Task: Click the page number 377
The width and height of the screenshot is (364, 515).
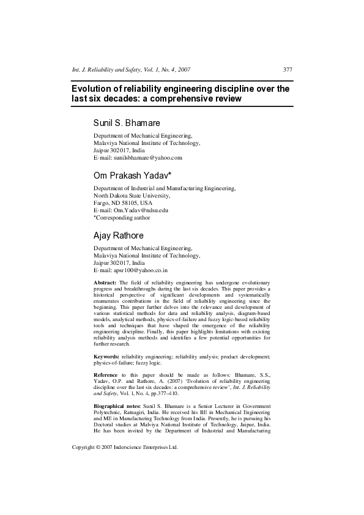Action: click(x=288, y=69)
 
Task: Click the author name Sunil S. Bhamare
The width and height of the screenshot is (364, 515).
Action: click(x=126, y=122)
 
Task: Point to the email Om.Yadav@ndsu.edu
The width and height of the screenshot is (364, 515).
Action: click(x=141, y=210)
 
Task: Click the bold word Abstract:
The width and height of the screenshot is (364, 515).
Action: click(x=105, y=282)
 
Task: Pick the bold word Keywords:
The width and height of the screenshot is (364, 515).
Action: click(x=106, y=355)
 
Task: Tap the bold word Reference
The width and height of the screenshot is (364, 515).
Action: click(x=106, y=374)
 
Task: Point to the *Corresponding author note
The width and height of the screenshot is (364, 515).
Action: click(x=122, y=217)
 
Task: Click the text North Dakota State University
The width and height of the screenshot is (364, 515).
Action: click(x=132, y=196)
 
